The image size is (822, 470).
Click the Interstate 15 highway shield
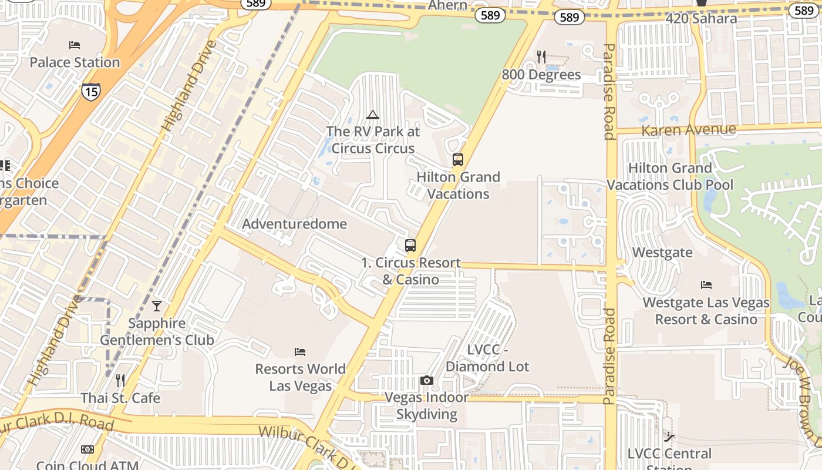click(x=90, y=90)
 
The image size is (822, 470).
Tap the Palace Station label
click(x=75, y=62)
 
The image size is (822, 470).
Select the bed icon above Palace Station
click(x=75, y=45)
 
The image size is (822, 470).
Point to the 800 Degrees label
click(x=541, y=75)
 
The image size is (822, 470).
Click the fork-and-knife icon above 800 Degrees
click(x=541, y=56)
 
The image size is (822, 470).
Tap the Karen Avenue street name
click(x=688, y=130)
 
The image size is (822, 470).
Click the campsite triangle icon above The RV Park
click(x=372, y=115)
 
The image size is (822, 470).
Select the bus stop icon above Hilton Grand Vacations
click(x=457, y=159)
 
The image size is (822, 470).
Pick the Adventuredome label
click(x=294, y=224)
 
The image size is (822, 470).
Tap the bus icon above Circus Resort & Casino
click(x=410, y=246)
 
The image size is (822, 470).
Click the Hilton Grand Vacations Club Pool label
click(x=670, y=176)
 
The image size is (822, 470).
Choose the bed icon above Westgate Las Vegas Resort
click(x=706, y=285)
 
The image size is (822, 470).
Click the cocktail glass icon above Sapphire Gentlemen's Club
click(x=156, y=305)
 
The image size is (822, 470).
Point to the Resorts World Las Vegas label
click(x=300, y=377)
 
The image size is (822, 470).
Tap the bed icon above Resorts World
click(x=300, y=352)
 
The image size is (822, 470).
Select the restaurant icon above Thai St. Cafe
click(x=120, y=380)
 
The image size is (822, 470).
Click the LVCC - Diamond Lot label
click(x=487, y=358)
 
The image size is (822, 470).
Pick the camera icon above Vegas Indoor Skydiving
click(x=427, y=380)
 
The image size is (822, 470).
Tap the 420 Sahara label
click(x=701, y=19)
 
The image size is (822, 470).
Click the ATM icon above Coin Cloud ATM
click(x=87, y=449)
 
